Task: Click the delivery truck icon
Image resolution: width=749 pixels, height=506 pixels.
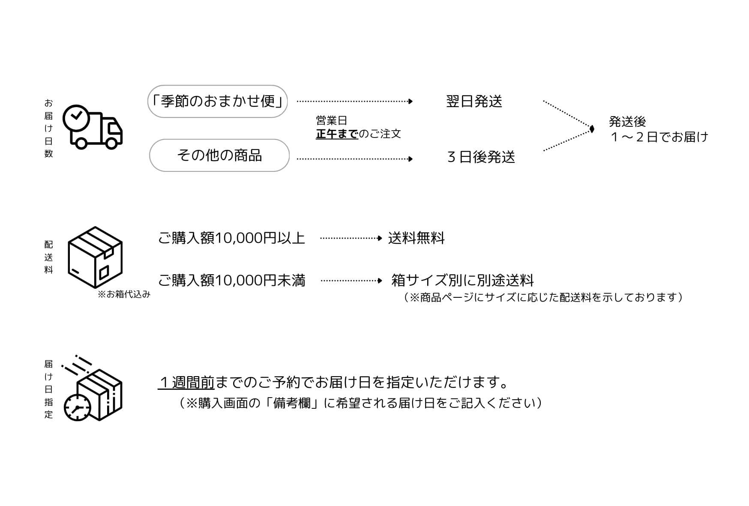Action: click(x=93, y=127)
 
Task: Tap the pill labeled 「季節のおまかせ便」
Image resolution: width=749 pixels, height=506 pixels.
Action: click(x=217, y=101)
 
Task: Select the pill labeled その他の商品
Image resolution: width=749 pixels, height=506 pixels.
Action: click(x=219, y=155)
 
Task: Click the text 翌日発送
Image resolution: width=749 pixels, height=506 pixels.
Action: click(x=474, y=102)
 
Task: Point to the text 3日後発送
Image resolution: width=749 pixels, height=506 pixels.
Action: click(x=481, y=157)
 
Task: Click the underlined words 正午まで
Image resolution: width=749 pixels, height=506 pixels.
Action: click(x=337, y=134)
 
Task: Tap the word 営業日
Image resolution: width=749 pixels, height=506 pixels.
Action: click(x=331, y=120)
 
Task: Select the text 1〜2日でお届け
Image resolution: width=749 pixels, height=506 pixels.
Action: click(x=659, y=137)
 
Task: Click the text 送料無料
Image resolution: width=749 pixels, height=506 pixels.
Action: click(x=416, y=238)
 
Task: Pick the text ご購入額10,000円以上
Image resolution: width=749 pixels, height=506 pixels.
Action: click(x=231, y=238)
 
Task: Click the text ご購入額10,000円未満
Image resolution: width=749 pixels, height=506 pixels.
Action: click(x=231, y=281)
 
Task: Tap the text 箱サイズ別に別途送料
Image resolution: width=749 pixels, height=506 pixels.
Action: click(x=463, y=281)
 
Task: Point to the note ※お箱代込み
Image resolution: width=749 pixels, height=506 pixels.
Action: click(x=124, y=294)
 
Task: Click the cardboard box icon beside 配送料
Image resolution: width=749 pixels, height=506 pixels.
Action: click(x=95, y=257)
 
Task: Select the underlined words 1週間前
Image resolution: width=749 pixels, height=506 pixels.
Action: click(x=186, y=382)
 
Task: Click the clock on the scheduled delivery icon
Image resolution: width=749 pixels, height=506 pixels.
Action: click(x=78, y=407)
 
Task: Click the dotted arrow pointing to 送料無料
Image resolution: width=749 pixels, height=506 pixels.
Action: click(x=351, y=238)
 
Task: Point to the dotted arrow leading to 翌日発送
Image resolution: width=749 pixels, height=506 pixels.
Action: click(x=355, y=102)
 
